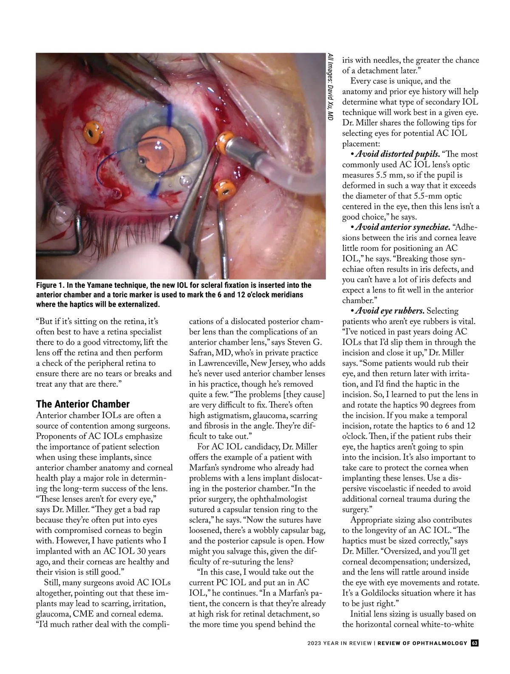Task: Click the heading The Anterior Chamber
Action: pos(83,404)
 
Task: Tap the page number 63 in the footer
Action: pos(475,655)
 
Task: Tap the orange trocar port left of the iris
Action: pos(93,132)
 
